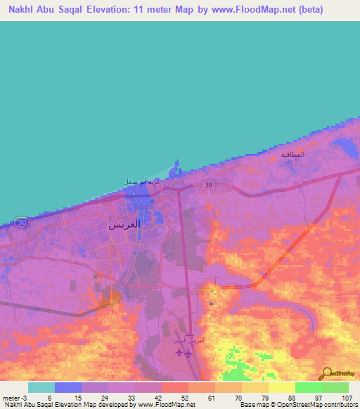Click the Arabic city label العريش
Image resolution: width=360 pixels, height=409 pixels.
[124, 225]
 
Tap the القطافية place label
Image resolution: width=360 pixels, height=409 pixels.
[292, 154]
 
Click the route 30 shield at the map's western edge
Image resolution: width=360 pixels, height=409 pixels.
[22, 222]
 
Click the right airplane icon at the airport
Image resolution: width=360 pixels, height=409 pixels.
[188, 353]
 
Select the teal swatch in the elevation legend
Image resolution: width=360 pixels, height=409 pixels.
[41, 387]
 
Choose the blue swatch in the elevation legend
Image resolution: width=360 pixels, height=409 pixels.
[68, 387]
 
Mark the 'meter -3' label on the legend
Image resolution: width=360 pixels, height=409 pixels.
[15, 398]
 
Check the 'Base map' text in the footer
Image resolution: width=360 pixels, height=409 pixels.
[255, 405]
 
